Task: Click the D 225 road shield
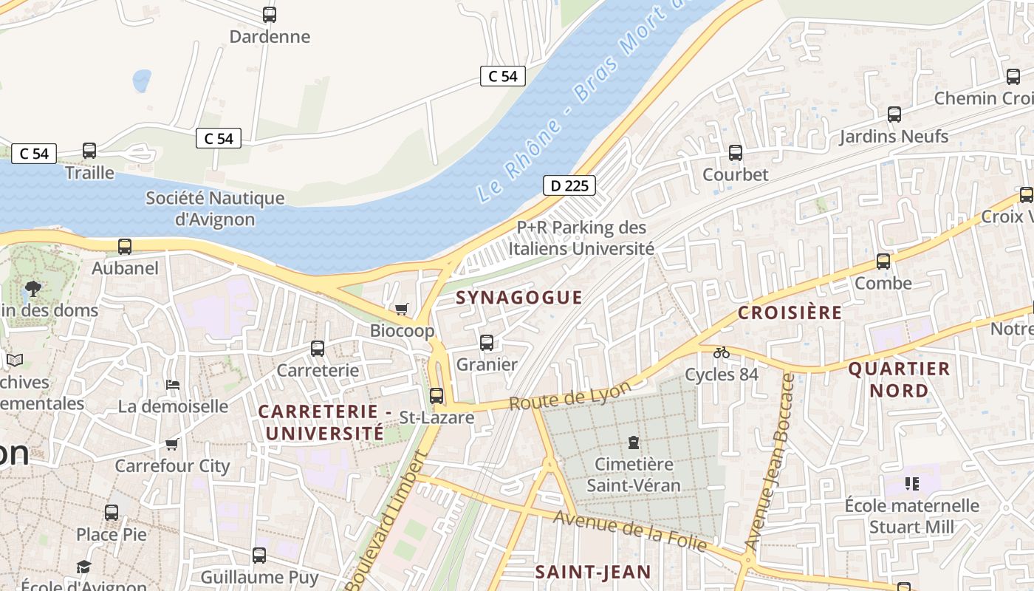569,185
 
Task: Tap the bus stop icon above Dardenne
270,15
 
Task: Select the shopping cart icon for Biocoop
402,309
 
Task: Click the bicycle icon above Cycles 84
722,352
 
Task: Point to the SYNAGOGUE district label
519,298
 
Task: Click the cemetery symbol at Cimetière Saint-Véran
633,443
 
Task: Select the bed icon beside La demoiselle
173,384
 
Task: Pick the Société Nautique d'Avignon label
215,208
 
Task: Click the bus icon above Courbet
736,153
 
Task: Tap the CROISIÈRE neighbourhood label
790,312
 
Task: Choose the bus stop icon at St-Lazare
436,396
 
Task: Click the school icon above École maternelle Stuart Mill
912,484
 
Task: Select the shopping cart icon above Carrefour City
172,444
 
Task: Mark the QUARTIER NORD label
899,379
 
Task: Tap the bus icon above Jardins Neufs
894,115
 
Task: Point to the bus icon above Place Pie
112,512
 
